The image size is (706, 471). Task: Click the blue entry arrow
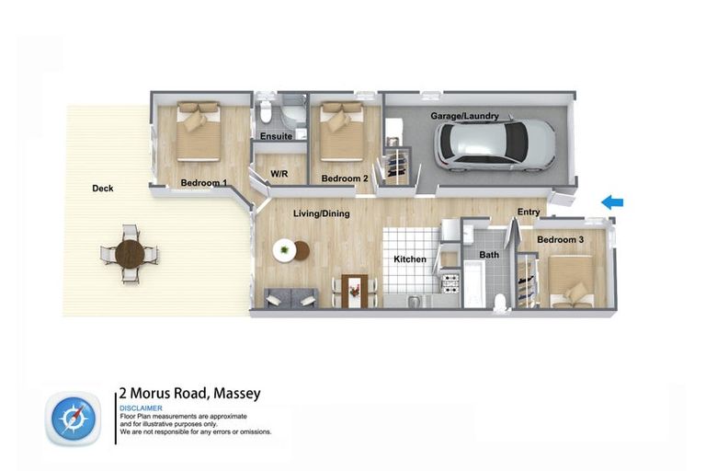(611, 202)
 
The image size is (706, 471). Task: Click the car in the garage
(495, 145)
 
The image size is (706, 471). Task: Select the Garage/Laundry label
(464, 117)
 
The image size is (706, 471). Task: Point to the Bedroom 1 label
(203, 182)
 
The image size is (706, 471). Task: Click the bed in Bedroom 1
(199, 131)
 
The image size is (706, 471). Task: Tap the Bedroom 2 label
(344, 178)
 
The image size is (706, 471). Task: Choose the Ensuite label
(276, 137)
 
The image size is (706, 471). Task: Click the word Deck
(103, 189)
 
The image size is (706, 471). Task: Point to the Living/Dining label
(321, 213)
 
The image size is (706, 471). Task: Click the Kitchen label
(410, 259)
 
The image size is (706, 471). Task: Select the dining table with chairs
(354, 290)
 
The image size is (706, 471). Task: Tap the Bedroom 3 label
(560, 240)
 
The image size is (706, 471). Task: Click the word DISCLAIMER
(141, 408)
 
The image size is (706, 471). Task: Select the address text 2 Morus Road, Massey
(189, 393)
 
